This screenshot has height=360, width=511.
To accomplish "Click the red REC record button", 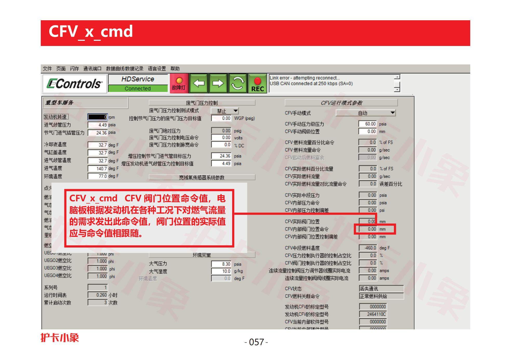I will pyautogui.click(x=257, y=83).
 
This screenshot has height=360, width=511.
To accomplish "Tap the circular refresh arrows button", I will pyautogui.click(x=237, y=83).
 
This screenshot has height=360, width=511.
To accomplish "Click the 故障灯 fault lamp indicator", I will pyautogui.click(x=179, y=83).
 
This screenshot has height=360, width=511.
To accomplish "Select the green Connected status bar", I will pyautogui.click(x=138, y=89).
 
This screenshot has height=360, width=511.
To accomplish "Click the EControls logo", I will pyautogui.click(x=75, y=84).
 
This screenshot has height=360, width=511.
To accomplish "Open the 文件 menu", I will pyautogui.click(x=47, y=69).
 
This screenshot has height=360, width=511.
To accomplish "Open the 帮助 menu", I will pyautogui.click(x=175, y=69).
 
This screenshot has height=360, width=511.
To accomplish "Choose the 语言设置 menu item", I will pyautogui.click(x=157, y=69).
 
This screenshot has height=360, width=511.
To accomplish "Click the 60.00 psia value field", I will pyautogui.click(x=368, y=124).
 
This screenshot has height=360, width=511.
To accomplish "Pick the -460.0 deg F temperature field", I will pyautogui.click(x=368, y=248).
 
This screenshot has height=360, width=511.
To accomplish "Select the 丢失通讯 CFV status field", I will pyautogui.click(x=381, y=289).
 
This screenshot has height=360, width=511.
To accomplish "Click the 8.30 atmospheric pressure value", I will pyautogui.click(x=221, y=264).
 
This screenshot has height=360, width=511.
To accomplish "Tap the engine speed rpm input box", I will pyautogui.click(x=98, y=117).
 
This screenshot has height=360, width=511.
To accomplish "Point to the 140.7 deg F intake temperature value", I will pyautogui.click(x=98, y=169).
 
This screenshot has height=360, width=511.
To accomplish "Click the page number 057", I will pyautogui.click(x=256, y=342).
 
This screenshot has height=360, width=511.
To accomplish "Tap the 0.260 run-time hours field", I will pyautogui.click(x=98, y=295).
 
